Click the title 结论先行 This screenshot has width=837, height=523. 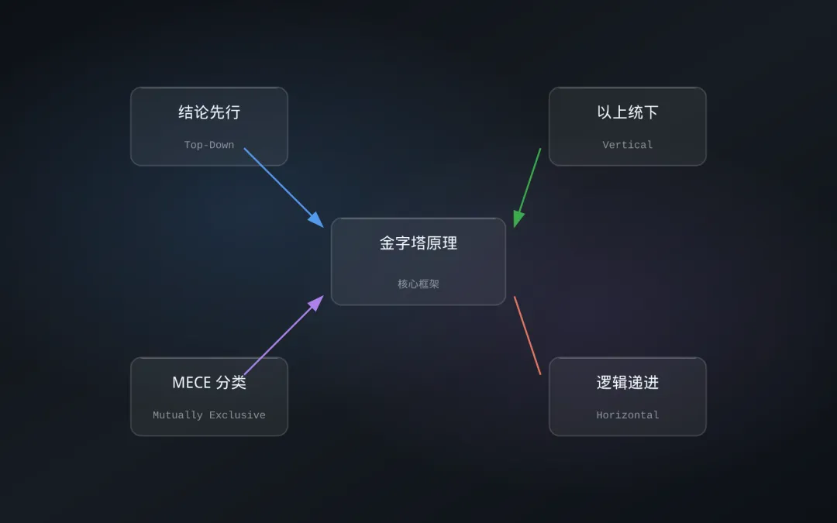209,112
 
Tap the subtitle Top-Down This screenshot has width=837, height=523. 209,145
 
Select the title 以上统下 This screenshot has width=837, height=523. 628,112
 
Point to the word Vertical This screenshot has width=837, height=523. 628,145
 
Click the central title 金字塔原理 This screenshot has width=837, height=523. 418,243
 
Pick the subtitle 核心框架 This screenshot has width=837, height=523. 418,284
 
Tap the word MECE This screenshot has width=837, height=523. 191,383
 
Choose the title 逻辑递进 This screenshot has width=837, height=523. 628,383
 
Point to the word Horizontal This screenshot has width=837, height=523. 628,415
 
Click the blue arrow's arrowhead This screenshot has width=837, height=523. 317,221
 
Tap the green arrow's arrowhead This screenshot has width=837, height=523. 518,219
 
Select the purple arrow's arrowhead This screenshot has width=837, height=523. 317,301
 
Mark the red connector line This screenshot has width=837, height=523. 527,335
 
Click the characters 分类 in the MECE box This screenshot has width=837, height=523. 231,383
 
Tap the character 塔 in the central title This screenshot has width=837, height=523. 418,243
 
